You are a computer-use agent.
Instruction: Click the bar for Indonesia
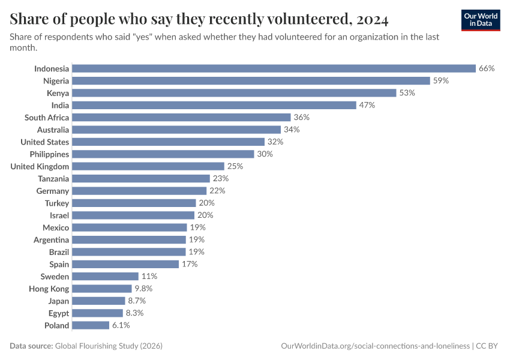tap(274, 68)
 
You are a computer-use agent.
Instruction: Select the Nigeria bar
tap(251, 80)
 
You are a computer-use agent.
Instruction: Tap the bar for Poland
tap(91, 325)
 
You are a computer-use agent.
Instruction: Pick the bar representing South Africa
tap(181, 118)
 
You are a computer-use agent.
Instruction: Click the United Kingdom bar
tap(148, 166)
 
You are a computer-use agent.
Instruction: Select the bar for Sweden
tap(106, 277)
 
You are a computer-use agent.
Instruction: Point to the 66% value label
tap(487, 68)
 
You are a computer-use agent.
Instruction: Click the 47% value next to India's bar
tap(367, 105)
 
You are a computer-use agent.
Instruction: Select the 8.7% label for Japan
tap(137, 301)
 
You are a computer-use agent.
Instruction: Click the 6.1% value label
tap(120, 325)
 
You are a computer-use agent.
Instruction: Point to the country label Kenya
tap(58, 93)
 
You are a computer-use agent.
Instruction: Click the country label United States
tap(44, 142)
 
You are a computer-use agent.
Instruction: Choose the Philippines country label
tap(49, 154)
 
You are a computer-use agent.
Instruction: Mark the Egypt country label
tap(59, 313)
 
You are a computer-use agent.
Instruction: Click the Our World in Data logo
tap(481, 19)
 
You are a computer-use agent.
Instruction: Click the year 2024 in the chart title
tap(371, 19)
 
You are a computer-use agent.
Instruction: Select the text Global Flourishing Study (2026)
tap(109, 346)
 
